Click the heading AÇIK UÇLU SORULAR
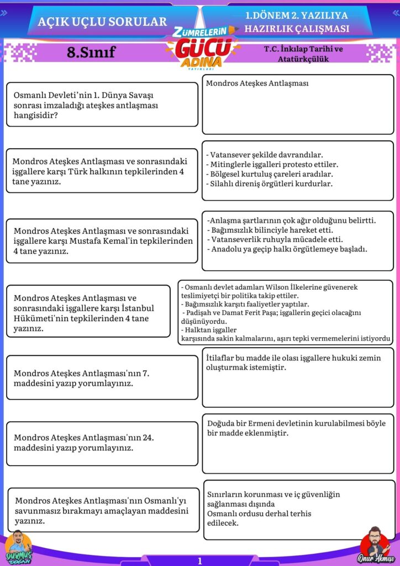pos(102,22)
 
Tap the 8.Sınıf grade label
pos(91,53)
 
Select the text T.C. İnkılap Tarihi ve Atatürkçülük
pos(303,54)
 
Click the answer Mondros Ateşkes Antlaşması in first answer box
pos(257,83)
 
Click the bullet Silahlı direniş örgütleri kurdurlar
pos(269,184)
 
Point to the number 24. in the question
pos(148,437)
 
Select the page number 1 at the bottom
pos(199,560)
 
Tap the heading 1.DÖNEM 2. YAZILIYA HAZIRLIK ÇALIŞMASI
pos(297,22)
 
